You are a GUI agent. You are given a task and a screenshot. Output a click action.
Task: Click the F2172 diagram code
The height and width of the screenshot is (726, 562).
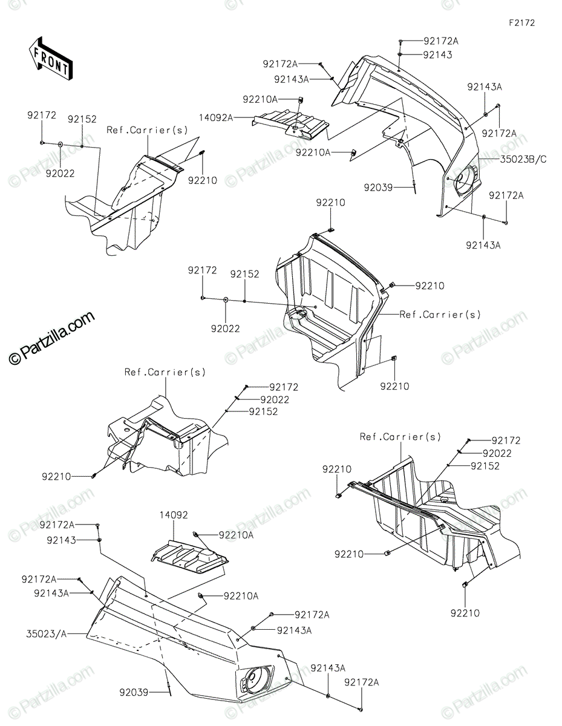[x=521, y=23]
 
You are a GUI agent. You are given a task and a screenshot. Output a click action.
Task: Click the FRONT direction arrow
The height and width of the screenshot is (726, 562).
[x=51, y=59]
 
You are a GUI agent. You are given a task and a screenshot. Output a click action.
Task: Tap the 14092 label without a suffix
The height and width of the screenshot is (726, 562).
[x=174, y=515]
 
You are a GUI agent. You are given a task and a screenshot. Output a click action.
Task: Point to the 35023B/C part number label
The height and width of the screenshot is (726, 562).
[x=524, y=160]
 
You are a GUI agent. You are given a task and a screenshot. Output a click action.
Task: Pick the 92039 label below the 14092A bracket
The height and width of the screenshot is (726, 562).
[x=379, y=188]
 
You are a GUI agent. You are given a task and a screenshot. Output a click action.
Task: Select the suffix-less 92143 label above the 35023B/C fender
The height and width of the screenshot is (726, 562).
[x=437, y=54]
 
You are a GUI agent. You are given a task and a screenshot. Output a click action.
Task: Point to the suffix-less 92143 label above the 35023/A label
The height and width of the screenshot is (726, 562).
[x=58, y=540]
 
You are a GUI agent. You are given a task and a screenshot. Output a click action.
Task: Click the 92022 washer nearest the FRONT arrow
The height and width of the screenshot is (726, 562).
[x=60, y=146]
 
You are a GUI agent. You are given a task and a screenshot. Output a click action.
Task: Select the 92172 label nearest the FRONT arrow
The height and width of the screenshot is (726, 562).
[x=42, y=114]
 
